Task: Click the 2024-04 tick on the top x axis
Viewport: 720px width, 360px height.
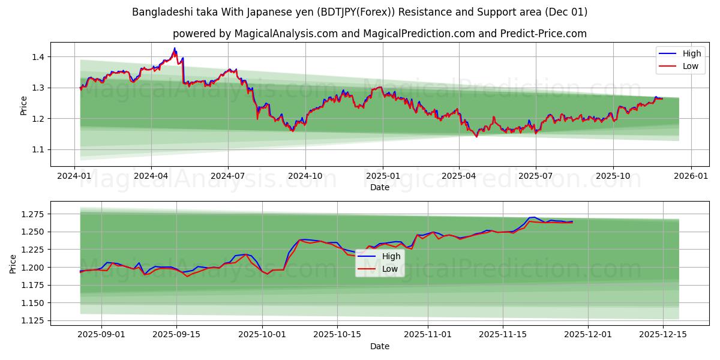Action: (x=151, y=175)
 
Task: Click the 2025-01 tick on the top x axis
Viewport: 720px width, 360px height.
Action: (x=382, y=175)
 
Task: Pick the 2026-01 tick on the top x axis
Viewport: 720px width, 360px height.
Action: (x=691, y=175)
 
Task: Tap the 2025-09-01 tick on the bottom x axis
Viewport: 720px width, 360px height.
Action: (x=101, y=334)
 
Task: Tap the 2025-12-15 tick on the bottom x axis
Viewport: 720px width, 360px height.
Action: (x=663, y=334)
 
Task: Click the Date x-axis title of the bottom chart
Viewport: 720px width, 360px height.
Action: (x=379, y=346)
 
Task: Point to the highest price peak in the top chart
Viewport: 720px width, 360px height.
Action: (x=175, y=49)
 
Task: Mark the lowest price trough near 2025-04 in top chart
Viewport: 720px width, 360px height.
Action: (x=476, y=136)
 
